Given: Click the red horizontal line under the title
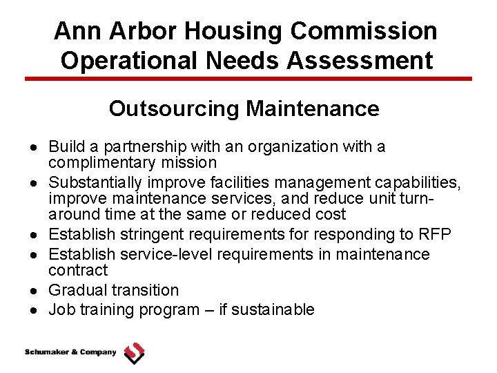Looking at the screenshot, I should pos(248,79).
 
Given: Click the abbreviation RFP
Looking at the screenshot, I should pos(434,234).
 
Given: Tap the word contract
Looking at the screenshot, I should pos(78,270).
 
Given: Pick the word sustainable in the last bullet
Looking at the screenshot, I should pos(273,309).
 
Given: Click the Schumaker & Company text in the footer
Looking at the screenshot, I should pos(70,352).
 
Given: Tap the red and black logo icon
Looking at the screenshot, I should pos(134,353).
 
